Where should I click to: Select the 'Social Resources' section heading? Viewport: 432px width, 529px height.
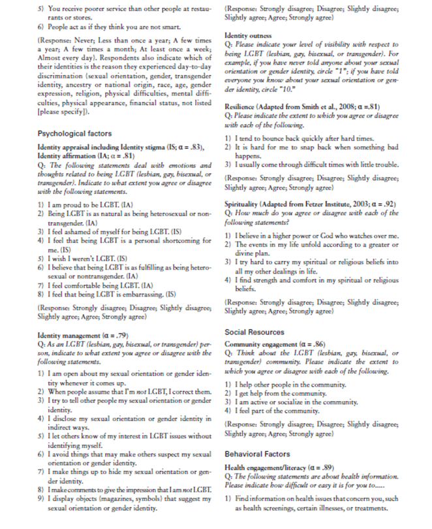pyautogui.click(x=255, y=331)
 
